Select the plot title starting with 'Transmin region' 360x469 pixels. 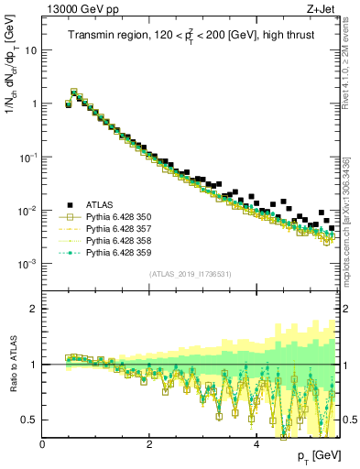pos(191,37)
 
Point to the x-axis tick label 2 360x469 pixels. pos(149,445)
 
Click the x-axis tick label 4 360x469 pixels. pos(256,445)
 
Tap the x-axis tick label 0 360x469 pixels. pos(43,445)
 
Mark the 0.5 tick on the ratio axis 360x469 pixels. pos(31,420)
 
